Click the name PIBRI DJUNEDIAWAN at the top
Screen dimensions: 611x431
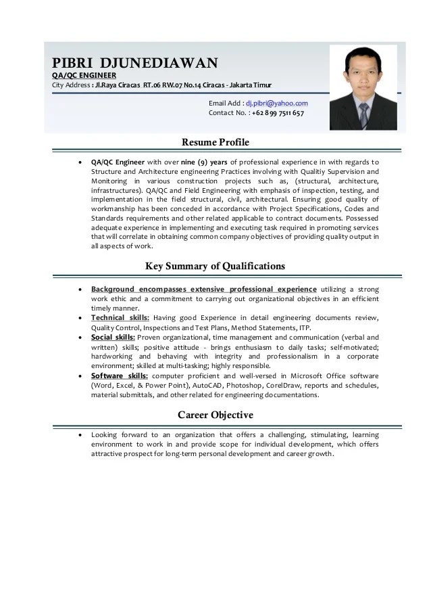tap(135, 63)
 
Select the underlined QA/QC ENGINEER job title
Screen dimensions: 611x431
tap(84, 74)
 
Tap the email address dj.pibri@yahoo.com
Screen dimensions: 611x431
tap(276, 103)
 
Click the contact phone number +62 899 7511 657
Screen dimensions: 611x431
tap(278, 113)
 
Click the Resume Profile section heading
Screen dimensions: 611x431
tap(215, 142)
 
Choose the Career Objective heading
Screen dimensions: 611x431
tap(215, 414)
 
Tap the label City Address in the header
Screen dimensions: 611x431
tap(72, 85)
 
